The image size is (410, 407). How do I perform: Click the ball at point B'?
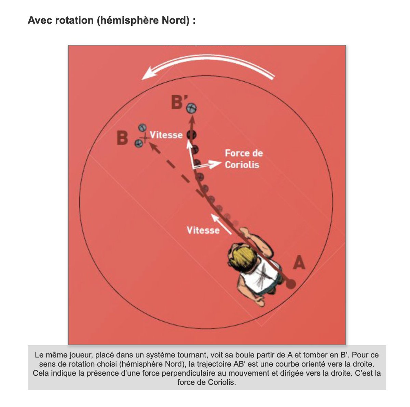[191, 109]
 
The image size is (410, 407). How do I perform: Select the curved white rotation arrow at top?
[208, 67]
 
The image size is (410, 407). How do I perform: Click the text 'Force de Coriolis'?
[243, 159]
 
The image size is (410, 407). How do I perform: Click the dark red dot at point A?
[290, 283]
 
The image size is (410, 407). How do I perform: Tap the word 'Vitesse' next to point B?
[166, 135]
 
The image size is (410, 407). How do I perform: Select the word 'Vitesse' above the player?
[203, 230]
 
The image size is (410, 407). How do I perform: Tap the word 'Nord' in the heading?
[175, 20]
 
